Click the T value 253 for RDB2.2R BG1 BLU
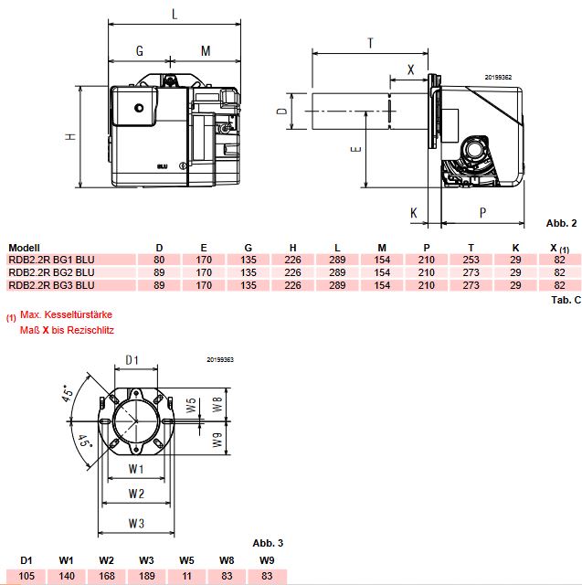[471, 260]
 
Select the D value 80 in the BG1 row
[159, 260]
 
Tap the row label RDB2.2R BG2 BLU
[51, 272]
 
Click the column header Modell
[24, 248]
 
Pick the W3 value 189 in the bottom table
[146, 576]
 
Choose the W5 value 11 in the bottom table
[186, 576]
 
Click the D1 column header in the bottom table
[26, 560]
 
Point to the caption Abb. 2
[561, 223]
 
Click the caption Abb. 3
[268, 543]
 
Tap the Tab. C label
[566, 300]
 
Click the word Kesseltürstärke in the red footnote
[79, 314]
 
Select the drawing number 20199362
[498, 77]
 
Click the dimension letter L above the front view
[175, 15]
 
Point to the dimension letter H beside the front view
[70, 137]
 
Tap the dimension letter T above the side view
[370, 43]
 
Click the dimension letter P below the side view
[482, 213]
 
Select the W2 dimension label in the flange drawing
[136, 494]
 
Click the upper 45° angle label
[69, 393]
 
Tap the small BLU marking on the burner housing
[163, 166]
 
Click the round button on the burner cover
[139, 108]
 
